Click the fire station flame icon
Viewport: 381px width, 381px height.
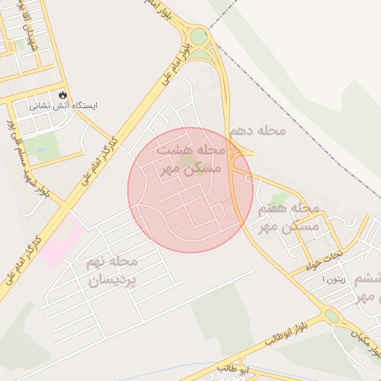click(63, 95)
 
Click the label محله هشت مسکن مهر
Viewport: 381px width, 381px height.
click(190, 159)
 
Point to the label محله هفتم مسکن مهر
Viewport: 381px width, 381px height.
click(288, 217)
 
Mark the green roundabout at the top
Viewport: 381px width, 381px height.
click(198, 36)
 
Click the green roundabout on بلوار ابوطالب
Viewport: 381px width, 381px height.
click(332, 316)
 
